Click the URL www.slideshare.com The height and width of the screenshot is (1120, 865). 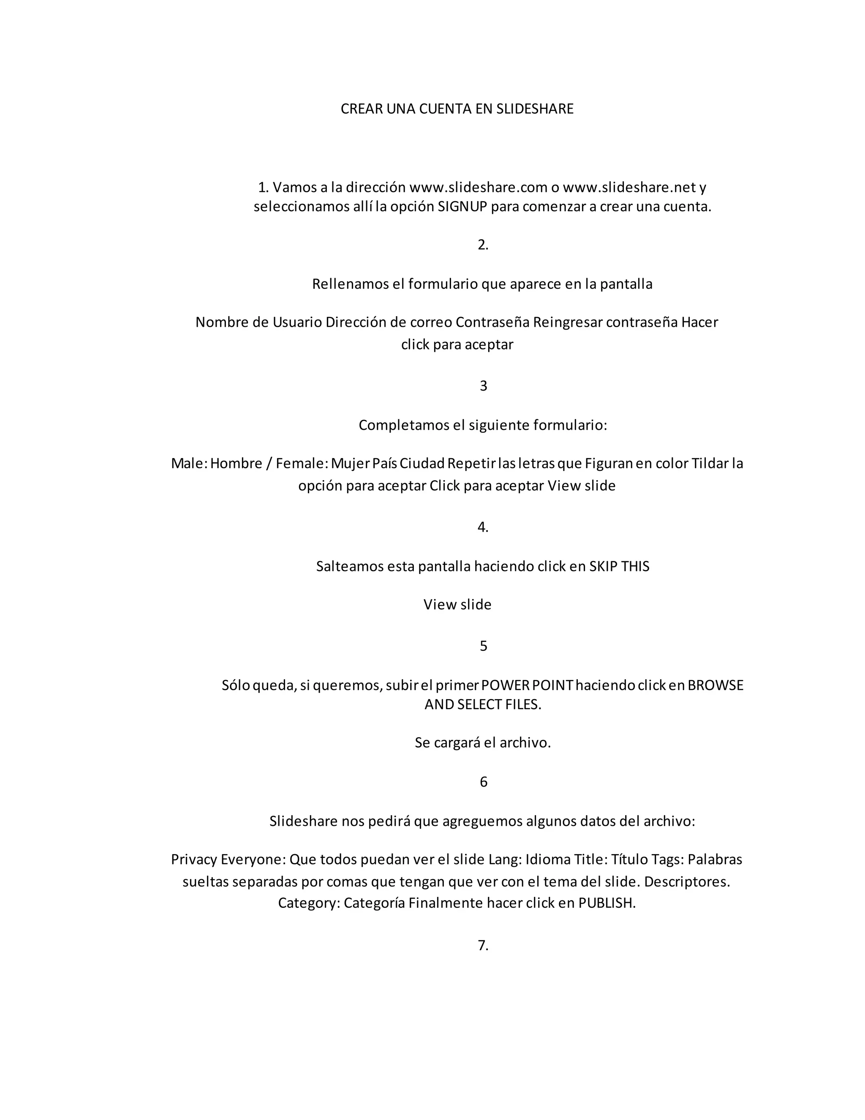(x=478, y=187)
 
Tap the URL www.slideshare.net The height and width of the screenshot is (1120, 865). (x=629, y=187)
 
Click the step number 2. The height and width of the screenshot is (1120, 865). (x=483, y=245)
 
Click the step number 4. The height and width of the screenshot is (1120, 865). (x=483, y=527)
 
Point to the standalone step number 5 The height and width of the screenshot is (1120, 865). (x=483, y=646)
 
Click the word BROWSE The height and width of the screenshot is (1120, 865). (x=715, y=685)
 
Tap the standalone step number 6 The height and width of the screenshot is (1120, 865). (x=483, y=782)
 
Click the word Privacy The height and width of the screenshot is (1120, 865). (x=194, y=860)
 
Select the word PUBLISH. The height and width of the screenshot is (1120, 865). (x=607, y=903)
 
